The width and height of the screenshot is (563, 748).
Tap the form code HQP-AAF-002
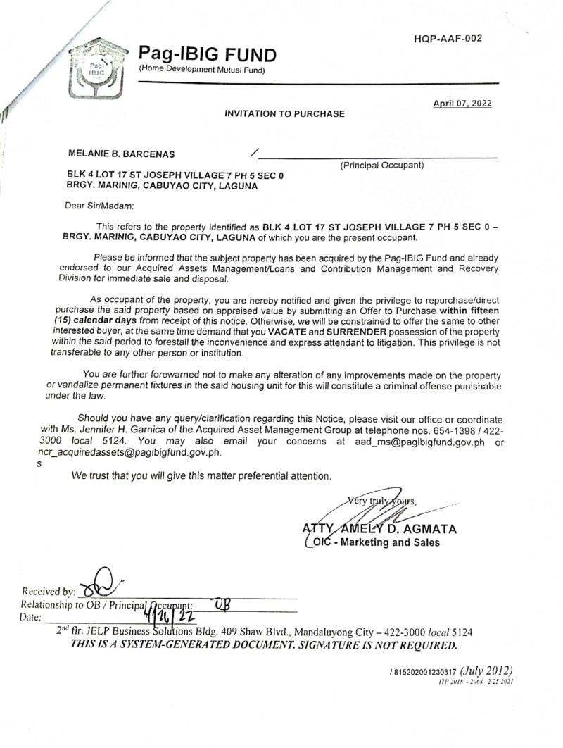pos(448,39)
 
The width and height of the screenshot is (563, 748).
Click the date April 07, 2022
pos(462,104)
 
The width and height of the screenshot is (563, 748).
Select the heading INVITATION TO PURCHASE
pos(284,113)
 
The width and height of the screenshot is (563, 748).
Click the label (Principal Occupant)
pos(382,166)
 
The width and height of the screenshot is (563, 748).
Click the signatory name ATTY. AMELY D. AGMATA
pos(379,528)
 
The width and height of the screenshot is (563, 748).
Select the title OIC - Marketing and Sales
pos(374,542)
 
